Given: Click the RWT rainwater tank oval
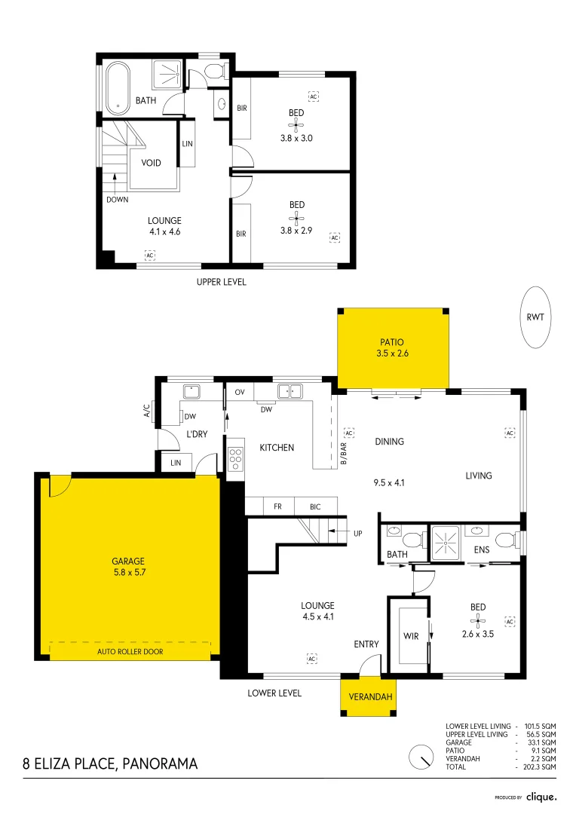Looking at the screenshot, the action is [535, 317].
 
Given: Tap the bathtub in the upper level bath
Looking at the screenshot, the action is [118, 87].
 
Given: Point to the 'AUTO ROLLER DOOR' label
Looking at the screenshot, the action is [130, 651].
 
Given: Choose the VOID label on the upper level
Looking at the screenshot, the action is [151, 163].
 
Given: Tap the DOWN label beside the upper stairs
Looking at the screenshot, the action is [118, 199].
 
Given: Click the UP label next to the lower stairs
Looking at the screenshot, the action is [358, 533].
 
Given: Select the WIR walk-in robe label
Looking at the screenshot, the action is [411, 636].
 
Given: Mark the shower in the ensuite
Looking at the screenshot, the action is [445, 543].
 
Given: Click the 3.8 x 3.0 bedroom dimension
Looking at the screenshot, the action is [296, 138].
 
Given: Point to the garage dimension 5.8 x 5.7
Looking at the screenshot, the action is [130, 572].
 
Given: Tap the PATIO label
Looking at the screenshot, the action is [391, 342].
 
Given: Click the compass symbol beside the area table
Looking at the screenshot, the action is [421, 757].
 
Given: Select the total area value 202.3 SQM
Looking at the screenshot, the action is [540, 767].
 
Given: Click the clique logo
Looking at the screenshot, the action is [541, 797].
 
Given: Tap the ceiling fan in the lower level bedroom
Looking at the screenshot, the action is [477, 620].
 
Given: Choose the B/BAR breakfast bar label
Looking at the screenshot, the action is [343, 453].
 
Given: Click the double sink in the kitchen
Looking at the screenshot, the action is [290, 391].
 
